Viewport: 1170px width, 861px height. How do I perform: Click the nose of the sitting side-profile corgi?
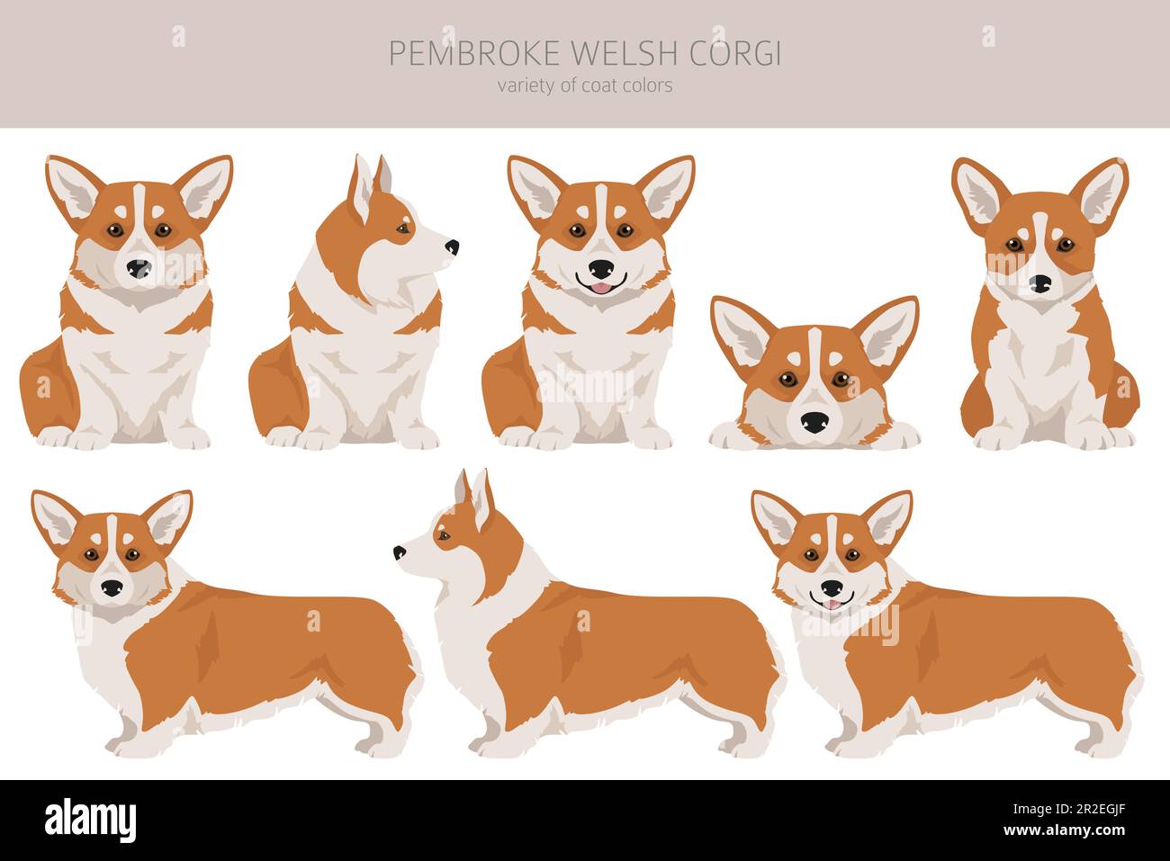pyautogui.click(x=451, y=246)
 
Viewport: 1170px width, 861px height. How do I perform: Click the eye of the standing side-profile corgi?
pyautogui.click(x=442, y=537)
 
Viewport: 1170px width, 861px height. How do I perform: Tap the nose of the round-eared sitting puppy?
pyautogui.click(x=1040, y=283)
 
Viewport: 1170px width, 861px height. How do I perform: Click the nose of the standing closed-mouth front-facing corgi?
pyautogui.click(x=112, y=587)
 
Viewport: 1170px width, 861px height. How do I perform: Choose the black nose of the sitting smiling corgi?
pyautogui.click(x=600, y=268)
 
